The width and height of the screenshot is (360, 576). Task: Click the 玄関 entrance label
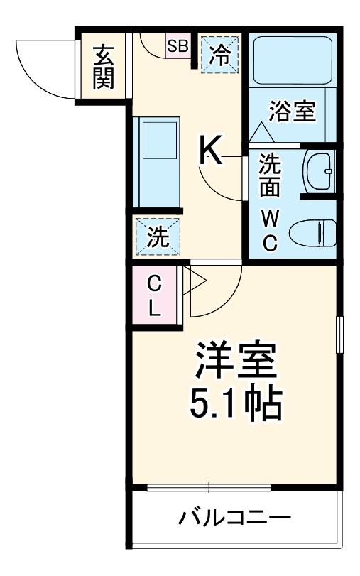[104, 66]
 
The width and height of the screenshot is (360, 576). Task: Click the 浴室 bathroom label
[292, 112]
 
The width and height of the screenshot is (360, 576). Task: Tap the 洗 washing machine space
[157, 237]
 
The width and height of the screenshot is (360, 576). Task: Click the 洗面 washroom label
[270, 176]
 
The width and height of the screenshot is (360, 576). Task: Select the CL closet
[155, 296]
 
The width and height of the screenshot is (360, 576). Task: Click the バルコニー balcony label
[234, 517]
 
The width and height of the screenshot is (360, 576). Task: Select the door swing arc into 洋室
[217, 291]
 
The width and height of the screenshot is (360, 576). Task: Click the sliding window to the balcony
[209, 487]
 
